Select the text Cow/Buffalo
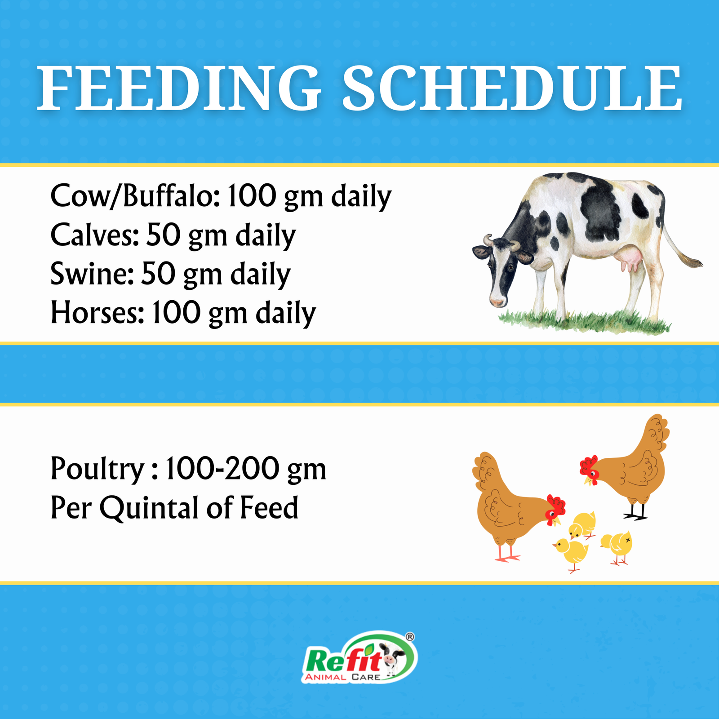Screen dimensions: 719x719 (x=135, y=196)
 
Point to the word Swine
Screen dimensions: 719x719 (x=92, y=274)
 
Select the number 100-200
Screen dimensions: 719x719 (x=222, y=469)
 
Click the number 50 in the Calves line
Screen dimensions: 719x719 (x=163, y=235)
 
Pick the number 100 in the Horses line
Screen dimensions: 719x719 (x=176, y=313)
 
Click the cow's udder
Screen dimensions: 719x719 (x=630, y=260)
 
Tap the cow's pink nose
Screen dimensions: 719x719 (x=497, y=302)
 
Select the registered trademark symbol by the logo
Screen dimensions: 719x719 (x=410, y=636)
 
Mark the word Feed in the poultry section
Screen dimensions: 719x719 (x=269, y=508)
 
